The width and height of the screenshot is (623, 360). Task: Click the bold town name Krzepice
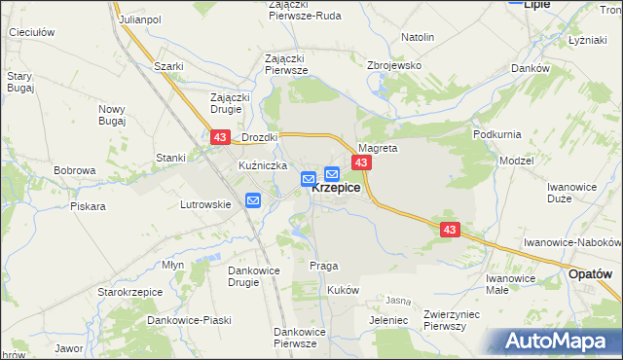[x=337, y=189]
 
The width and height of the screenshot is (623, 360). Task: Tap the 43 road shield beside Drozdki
[x=219, y=140]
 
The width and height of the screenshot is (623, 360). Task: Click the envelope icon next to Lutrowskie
[x=253, y=200]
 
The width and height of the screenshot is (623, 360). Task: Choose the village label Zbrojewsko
[x=392, y=64]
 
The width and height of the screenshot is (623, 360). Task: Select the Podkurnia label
[x=497, y=133]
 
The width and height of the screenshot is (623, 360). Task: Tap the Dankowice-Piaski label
[x=187, y=319]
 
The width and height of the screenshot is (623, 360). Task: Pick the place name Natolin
[x=418, y=37]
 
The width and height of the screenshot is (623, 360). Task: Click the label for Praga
[x=323, y=266]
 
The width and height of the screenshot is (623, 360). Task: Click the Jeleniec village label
[x=388, y=319]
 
